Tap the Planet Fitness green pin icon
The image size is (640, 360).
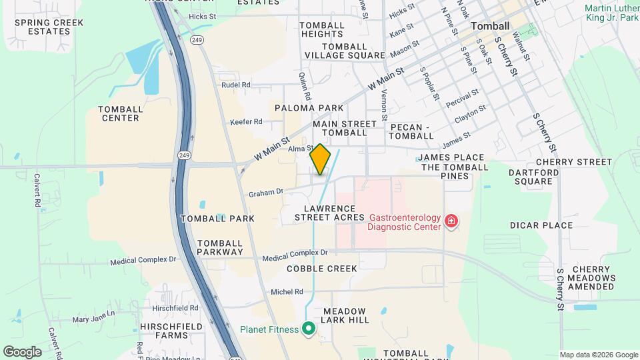click(x=308, y=329)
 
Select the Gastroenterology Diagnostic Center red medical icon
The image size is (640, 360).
click(x=451, y=221)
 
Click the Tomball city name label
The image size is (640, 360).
click(x=489, y=26)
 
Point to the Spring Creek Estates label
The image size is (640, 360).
click(x=49, y=27)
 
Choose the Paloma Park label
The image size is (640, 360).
click(x=308, y=107)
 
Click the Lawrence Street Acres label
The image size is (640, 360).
click(x=329, y=213)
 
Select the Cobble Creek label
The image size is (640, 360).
click(x=322, y=268)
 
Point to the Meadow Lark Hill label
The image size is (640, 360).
click(x=344, y=315)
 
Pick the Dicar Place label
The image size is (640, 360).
click(x=541, y=225)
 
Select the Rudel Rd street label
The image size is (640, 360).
click(x=235, y=85)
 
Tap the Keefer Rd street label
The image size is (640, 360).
click(x=246, y=122)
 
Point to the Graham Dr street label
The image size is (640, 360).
click(x=266, y=193)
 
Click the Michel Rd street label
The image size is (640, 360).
click(x=287, y=292)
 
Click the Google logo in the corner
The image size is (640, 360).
click(x=22, y=351)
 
